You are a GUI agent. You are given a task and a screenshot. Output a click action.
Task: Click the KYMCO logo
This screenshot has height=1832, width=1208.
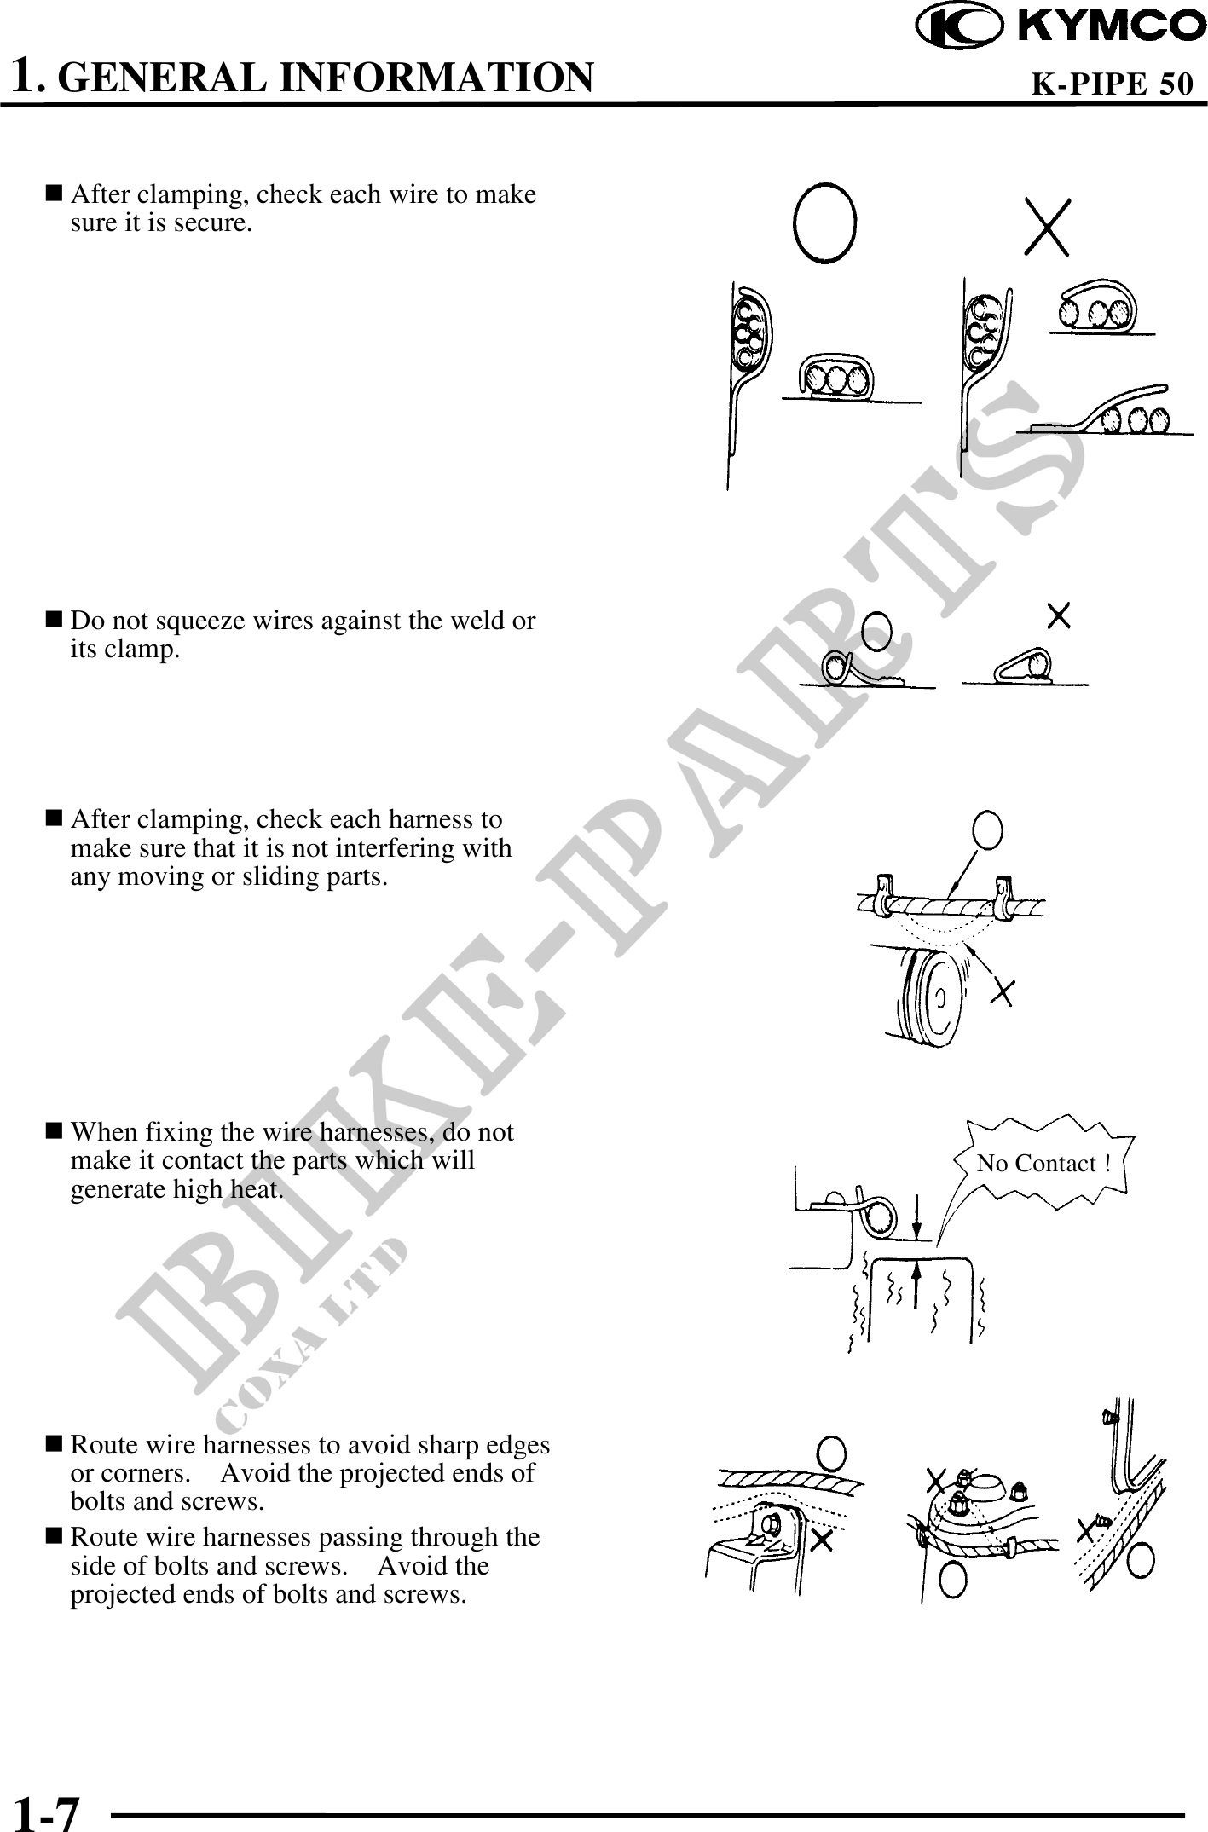click(x=1061, y=26)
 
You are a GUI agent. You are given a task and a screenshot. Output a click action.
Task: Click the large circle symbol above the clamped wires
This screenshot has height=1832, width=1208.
click(x=824, y=222)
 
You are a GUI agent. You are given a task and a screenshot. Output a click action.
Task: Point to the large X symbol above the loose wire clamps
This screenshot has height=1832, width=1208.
click(x=1047, y=227)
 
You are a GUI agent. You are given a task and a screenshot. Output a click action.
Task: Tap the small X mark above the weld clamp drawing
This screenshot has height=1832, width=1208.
click(x=1059, y=615)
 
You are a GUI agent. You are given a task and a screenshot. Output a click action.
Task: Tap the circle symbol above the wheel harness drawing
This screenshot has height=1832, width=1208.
click(x=986, y=829)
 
